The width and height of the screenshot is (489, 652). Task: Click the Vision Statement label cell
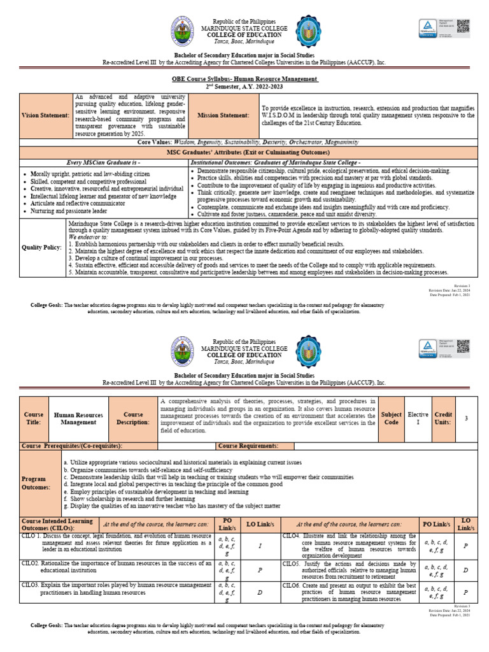click(x=46, y=115)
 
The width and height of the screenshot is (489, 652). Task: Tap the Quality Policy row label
click(x=42, y=246)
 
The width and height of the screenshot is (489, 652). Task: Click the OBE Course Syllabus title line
click(x=245, y=78)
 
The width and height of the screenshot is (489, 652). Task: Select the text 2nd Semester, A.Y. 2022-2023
click(x=244, y=85)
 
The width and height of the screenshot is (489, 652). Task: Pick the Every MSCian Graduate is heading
click(x=104, y=163)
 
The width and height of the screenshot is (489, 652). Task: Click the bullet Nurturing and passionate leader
click(x=68, y=211)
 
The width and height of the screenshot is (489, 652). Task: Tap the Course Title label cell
click(x=34, y=418)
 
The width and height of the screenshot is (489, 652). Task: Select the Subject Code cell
click(x=391, y=418)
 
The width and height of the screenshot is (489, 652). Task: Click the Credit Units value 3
click(x=467, y=418)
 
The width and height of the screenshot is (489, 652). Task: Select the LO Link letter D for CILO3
click(x=260, y=593)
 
